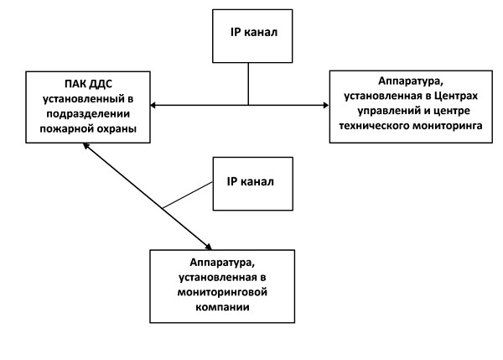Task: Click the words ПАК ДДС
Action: [88, 84]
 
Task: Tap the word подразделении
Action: [88, 114]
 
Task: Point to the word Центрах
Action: [456, 96]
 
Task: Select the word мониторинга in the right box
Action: [448, 126]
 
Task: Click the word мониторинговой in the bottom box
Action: [222, 292]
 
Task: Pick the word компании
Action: [222, 307]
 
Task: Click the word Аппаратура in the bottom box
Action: [222, 263]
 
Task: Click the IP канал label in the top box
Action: [254, 32]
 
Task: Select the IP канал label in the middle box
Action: [250, 182]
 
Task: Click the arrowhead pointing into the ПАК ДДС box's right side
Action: [153, 105]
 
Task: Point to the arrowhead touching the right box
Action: [326, 105]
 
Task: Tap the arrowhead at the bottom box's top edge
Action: [209, 247]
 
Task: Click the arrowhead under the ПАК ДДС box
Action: [86, 146]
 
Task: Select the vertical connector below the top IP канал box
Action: [248, 84]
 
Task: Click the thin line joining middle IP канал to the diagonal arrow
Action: [188, 196]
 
